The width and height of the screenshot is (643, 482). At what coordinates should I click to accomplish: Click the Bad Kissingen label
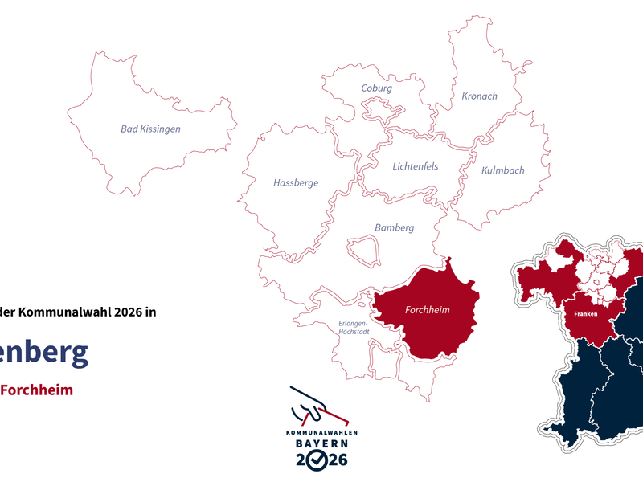pos(150,129)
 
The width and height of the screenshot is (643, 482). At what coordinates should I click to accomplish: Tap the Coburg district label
pos(376,88)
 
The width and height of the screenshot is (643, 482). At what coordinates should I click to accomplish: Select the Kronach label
pos(479,96)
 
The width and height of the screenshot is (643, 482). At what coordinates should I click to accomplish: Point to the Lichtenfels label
pos(416,167)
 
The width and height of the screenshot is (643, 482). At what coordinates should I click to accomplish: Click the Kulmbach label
pos(502,170)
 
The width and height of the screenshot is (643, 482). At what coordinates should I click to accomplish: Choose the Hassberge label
pos(296,183)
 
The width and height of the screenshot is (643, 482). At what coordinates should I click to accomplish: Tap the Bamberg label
pos(394,228)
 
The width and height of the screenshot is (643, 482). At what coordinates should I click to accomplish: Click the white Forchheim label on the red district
pos(428,310)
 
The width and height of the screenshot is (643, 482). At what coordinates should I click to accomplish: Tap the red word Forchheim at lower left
pos(36,390)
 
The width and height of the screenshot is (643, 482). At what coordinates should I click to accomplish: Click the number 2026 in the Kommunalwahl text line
pos(124,312)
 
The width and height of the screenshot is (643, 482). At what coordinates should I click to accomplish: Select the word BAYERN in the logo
pos(320,444)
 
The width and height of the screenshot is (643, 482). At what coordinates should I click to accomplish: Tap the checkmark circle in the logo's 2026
pos(319,460)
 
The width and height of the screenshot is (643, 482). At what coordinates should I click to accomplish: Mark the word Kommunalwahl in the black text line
pos(65,312)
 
